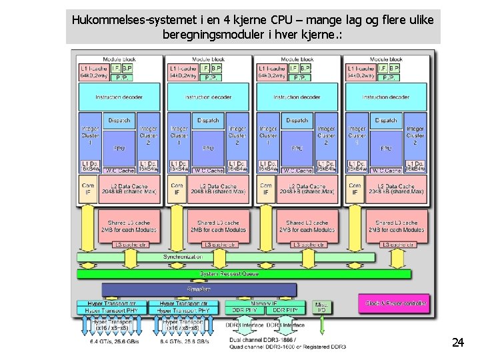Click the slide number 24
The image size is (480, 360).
click(457, 343)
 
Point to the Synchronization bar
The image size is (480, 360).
click(184, 257)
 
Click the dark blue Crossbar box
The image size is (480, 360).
click(199, 289)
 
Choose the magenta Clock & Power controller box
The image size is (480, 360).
click(394, 303)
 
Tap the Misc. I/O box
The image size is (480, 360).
click(322, 307)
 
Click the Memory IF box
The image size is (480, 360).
click(265, 303)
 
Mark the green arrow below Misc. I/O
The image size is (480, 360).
click(322, 325)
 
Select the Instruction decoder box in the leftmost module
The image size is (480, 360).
click(119, 97)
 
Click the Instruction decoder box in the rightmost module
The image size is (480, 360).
click(385, 97)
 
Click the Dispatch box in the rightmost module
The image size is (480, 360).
click(385, 121)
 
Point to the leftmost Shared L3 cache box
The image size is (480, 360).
click(129, 225)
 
